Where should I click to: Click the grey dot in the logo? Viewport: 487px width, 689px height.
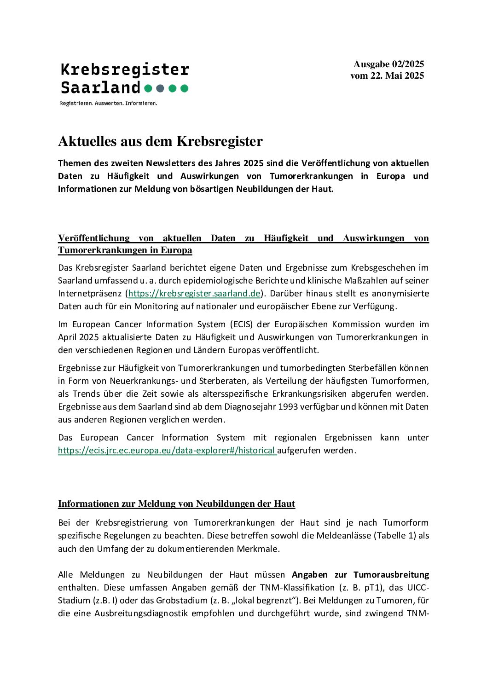(x=160, y=88)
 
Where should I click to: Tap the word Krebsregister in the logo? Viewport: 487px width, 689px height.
(x=125, y=69)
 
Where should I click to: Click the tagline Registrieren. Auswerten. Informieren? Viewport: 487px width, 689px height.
(x=109, y=103)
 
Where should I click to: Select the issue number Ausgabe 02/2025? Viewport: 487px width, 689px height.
(x=388, y=64)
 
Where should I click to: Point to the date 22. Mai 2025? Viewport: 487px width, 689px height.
(x=397, y=75)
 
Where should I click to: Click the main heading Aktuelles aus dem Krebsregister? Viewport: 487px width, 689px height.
(x=160, y=141)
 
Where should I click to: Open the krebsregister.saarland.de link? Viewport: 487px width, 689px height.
(x=194, y=293)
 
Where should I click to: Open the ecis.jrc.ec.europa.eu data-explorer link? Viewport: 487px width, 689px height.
(x=167, y=450)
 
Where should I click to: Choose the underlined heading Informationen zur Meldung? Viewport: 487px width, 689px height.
(x=176, y=504)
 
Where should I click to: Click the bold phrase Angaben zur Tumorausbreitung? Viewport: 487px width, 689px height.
(x=360, y=574)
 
